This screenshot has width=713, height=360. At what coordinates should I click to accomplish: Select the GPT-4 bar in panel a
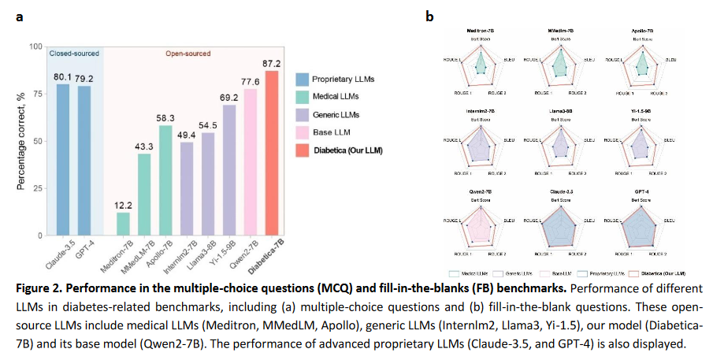[83, 161]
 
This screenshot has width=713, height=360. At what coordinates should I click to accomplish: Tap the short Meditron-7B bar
[123, 224]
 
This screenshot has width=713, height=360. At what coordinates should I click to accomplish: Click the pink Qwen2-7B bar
[251, 162]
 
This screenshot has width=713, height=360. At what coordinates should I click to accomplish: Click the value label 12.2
[123, 205]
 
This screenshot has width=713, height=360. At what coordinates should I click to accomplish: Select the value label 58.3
[165, 117]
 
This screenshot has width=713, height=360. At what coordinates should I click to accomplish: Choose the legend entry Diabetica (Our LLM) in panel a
[347, 150]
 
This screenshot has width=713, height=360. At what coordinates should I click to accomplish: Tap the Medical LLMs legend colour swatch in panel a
[301, 97]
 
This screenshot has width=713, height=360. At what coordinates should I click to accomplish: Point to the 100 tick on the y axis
[35, 46]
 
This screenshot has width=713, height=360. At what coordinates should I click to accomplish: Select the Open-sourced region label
[188, 54]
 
